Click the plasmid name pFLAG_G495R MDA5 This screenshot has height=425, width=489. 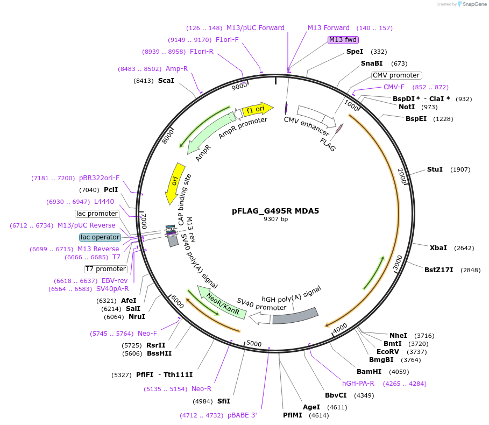pos(275,211)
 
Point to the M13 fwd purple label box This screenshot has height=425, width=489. pos(343,40)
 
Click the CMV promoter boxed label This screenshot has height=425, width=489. pos(396,75)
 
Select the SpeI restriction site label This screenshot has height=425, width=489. pos(355,52)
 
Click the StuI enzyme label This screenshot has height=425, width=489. pos(435,169)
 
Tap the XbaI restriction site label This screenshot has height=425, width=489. pos(438,248)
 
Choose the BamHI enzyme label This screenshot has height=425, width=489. pos(369,371)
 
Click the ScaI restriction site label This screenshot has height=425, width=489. pos(166,81)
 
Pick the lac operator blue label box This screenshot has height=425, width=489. pos(100,237)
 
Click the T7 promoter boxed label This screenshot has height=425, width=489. pos(106,269)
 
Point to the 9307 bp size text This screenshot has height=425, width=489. pos(275,219)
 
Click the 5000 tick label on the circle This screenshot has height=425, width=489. pos(254,344)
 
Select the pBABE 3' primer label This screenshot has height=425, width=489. pos(242,415)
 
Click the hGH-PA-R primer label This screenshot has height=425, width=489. pos(358,384)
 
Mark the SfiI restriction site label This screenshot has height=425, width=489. pos(223,401)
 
